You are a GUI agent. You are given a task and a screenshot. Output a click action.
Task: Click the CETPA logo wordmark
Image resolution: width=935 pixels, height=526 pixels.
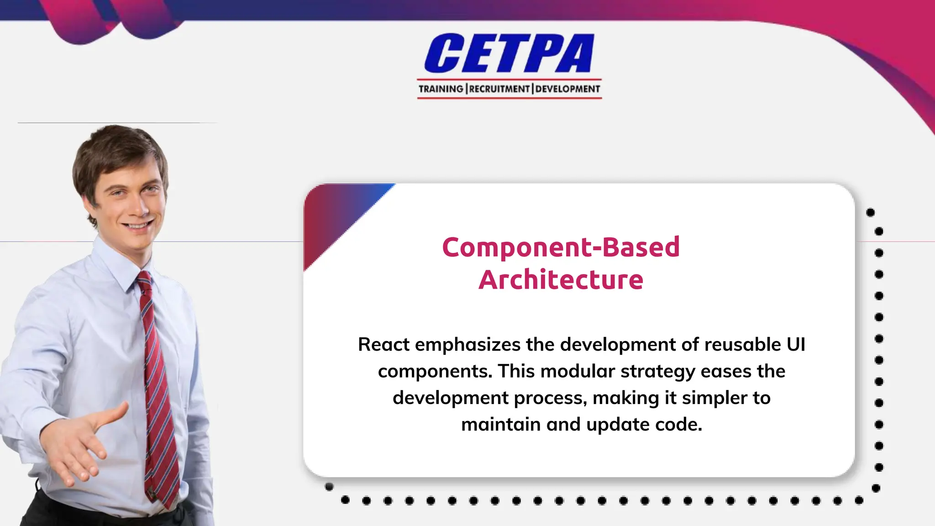[509, 53]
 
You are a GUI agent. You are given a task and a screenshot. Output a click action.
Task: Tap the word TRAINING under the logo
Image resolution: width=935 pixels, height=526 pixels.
[441, 89]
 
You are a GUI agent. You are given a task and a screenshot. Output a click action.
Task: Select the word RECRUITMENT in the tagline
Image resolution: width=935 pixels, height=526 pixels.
[499, 89]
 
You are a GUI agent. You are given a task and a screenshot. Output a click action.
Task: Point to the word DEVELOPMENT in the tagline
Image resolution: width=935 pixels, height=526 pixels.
[567, 89]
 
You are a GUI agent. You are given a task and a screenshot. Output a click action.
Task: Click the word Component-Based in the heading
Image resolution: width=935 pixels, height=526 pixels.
[561, 247]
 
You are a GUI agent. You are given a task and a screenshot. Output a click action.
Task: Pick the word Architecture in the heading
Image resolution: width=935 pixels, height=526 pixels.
[561, 279]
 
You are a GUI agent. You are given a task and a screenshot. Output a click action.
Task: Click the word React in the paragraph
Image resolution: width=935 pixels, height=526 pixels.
[383, 345]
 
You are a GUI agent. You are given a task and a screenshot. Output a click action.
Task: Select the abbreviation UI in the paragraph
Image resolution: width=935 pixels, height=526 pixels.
[796, 345]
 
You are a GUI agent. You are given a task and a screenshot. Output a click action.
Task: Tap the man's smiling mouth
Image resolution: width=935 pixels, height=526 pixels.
[138, 226]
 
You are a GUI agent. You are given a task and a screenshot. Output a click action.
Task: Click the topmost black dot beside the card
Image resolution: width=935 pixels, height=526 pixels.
[870, 212]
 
